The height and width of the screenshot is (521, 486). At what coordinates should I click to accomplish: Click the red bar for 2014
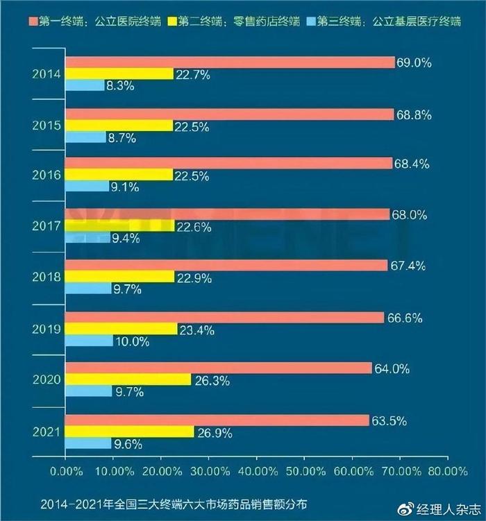(x=229, y=62)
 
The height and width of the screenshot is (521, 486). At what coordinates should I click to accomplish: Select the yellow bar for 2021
(x=129, y=432)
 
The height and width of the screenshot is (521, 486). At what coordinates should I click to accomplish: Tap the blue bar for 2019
(x=89, y=341)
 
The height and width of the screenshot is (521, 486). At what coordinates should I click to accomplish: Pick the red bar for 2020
(x=218, y=368)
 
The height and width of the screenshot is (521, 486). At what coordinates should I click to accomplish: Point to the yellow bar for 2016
(x=119, y=175)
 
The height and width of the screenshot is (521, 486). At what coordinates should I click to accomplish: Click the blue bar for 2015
(x=85, y=137)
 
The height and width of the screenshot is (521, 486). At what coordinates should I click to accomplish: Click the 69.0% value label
(x=414, y=62)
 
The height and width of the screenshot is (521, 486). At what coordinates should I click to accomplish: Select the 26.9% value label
(x=214, y=432)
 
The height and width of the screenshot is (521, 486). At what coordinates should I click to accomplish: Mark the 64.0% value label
(x=391, y=368)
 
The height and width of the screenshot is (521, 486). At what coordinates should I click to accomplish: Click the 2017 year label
(x=47, y=226)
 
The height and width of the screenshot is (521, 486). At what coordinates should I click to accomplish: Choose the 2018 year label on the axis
(x=47, y=277)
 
